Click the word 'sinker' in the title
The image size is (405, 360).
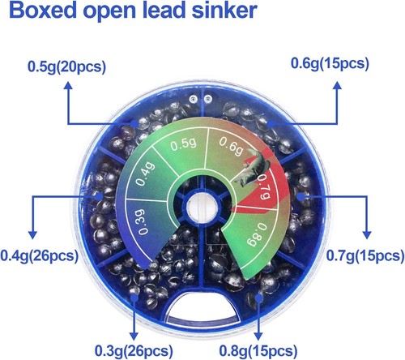[x=224, y=11]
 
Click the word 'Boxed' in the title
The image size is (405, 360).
[x=43, y=11]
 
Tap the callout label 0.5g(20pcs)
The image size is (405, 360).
[x=66, y=66]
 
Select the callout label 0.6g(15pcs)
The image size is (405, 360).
[x=330, y=64]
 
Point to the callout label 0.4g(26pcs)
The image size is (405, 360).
[x=40, y=255]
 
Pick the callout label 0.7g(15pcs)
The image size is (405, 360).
[x=365, y=255]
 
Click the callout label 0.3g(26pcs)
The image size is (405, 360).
[x=134, y=351]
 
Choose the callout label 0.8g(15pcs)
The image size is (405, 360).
[x=258, y=351]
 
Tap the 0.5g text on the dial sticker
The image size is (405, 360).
[x=183, y=144]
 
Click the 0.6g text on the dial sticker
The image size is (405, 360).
[x=231, y=146]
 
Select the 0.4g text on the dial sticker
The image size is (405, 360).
[x=145, y=174]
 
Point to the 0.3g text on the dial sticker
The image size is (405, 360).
[x=143, y=221]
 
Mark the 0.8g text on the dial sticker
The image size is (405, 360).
[x=257, y=234]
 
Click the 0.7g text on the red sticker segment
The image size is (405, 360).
[x=263, y=186]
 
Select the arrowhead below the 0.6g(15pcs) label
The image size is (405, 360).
[x=337, y=85]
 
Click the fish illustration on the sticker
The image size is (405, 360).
[x=252, y=168]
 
